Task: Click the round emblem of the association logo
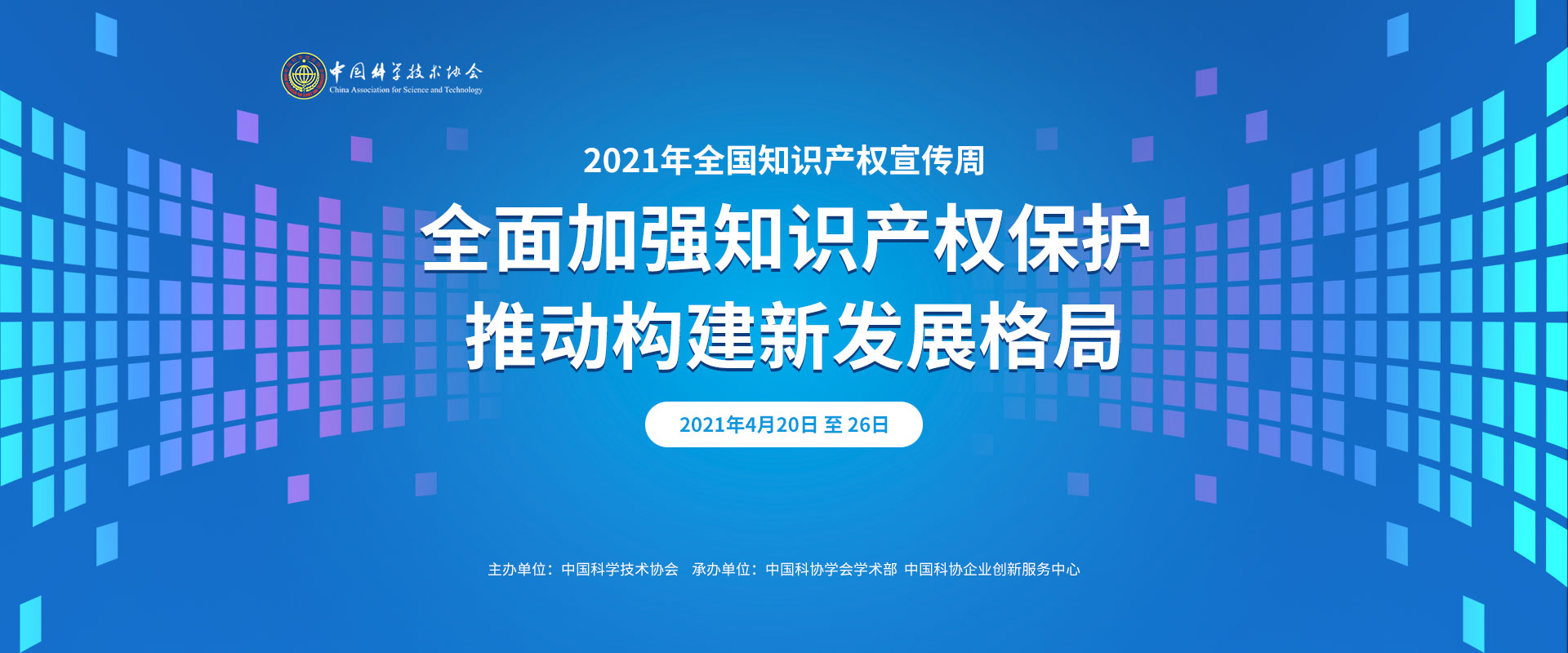tap(304, 76)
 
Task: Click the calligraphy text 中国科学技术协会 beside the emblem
tap(406, 71)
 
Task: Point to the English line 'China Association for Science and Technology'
tap(406, 90)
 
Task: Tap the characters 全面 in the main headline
tap(494, 238)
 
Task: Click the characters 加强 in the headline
tap(640, 238)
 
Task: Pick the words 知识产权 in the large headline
tap(859, 238)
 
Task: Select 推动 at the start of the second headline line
tap(539, 335)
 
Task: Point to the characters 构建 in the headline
tap(685, 335)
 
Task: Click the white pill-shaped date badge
tap(784, 424)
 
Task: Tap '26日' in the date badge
tap(868, 424)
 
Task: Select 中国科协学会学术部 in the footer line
tap(831, 569)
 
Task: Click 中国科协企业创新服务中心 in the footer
tap(992, 569)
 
